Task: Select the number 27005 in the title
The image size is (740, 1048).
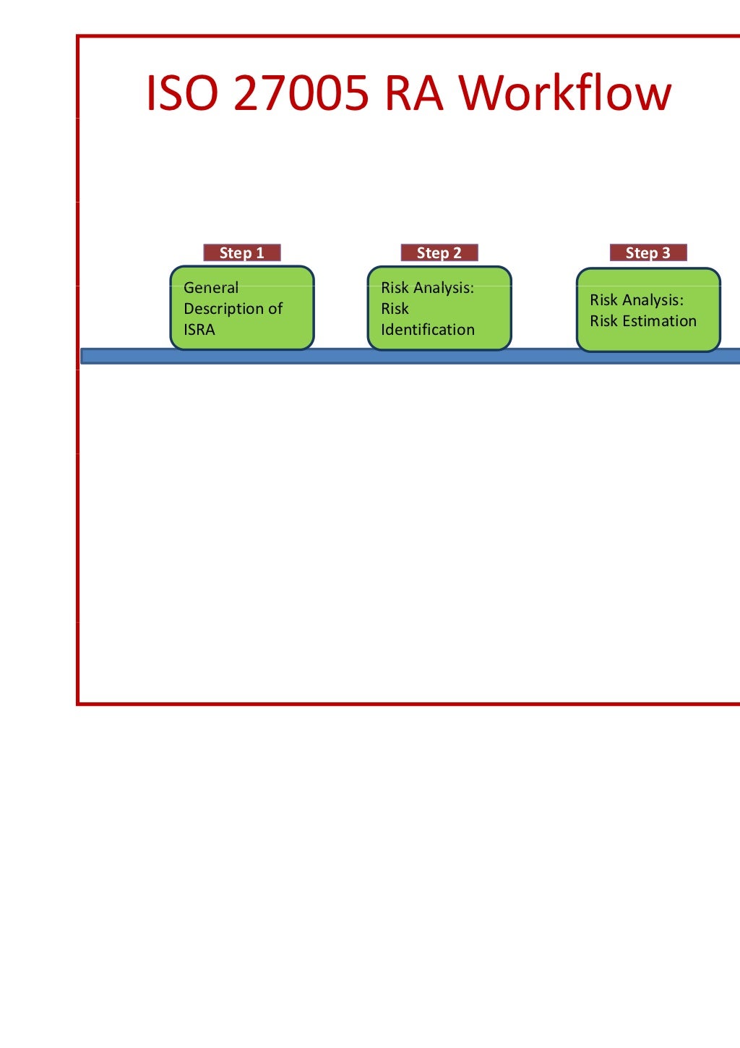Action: pyautogui.click(x=301, y=93)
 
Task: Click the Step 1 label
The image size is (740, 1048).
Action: pyautogui.click(x=242, y=252)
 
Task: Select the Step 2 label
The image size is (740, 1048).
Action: pyautogui.click(x=439, y=252)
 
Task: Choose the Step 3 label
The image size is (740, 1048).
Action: pyautogui.click(x=648, y=252)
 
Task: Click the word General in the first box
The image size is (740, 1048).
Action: pyautogui.click(x=211, y=288)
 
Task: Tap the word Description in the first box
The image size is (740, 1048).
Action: pyautogui.click(x=224, y=309)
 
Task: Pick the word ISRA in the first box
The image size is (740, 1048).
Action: pyautogui.click(x=199, y=330)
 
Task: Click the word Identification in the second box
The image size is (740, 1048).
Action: pyautogui.click(x=428, y=330)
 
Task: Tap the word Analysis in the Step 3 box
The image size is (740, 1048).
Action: pyautogui.click(x=652, y=300)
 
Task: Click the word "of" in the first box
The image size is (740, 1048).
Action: pyautogui.click(x=275, y=309)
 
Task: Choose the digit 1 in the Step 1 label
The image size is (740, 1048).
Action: pyautogui.click(x=260, y=252)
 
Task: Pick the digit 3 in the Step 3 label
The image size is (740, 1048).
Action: pyautogui.click(x=666, y=252)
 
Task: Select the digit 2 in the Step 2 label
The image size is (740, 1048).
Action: pyautogui.click(x=457, y=252)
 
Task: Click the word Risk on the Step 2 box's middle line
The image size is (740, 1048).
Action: pyautogui.click(x=395, y=309)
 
